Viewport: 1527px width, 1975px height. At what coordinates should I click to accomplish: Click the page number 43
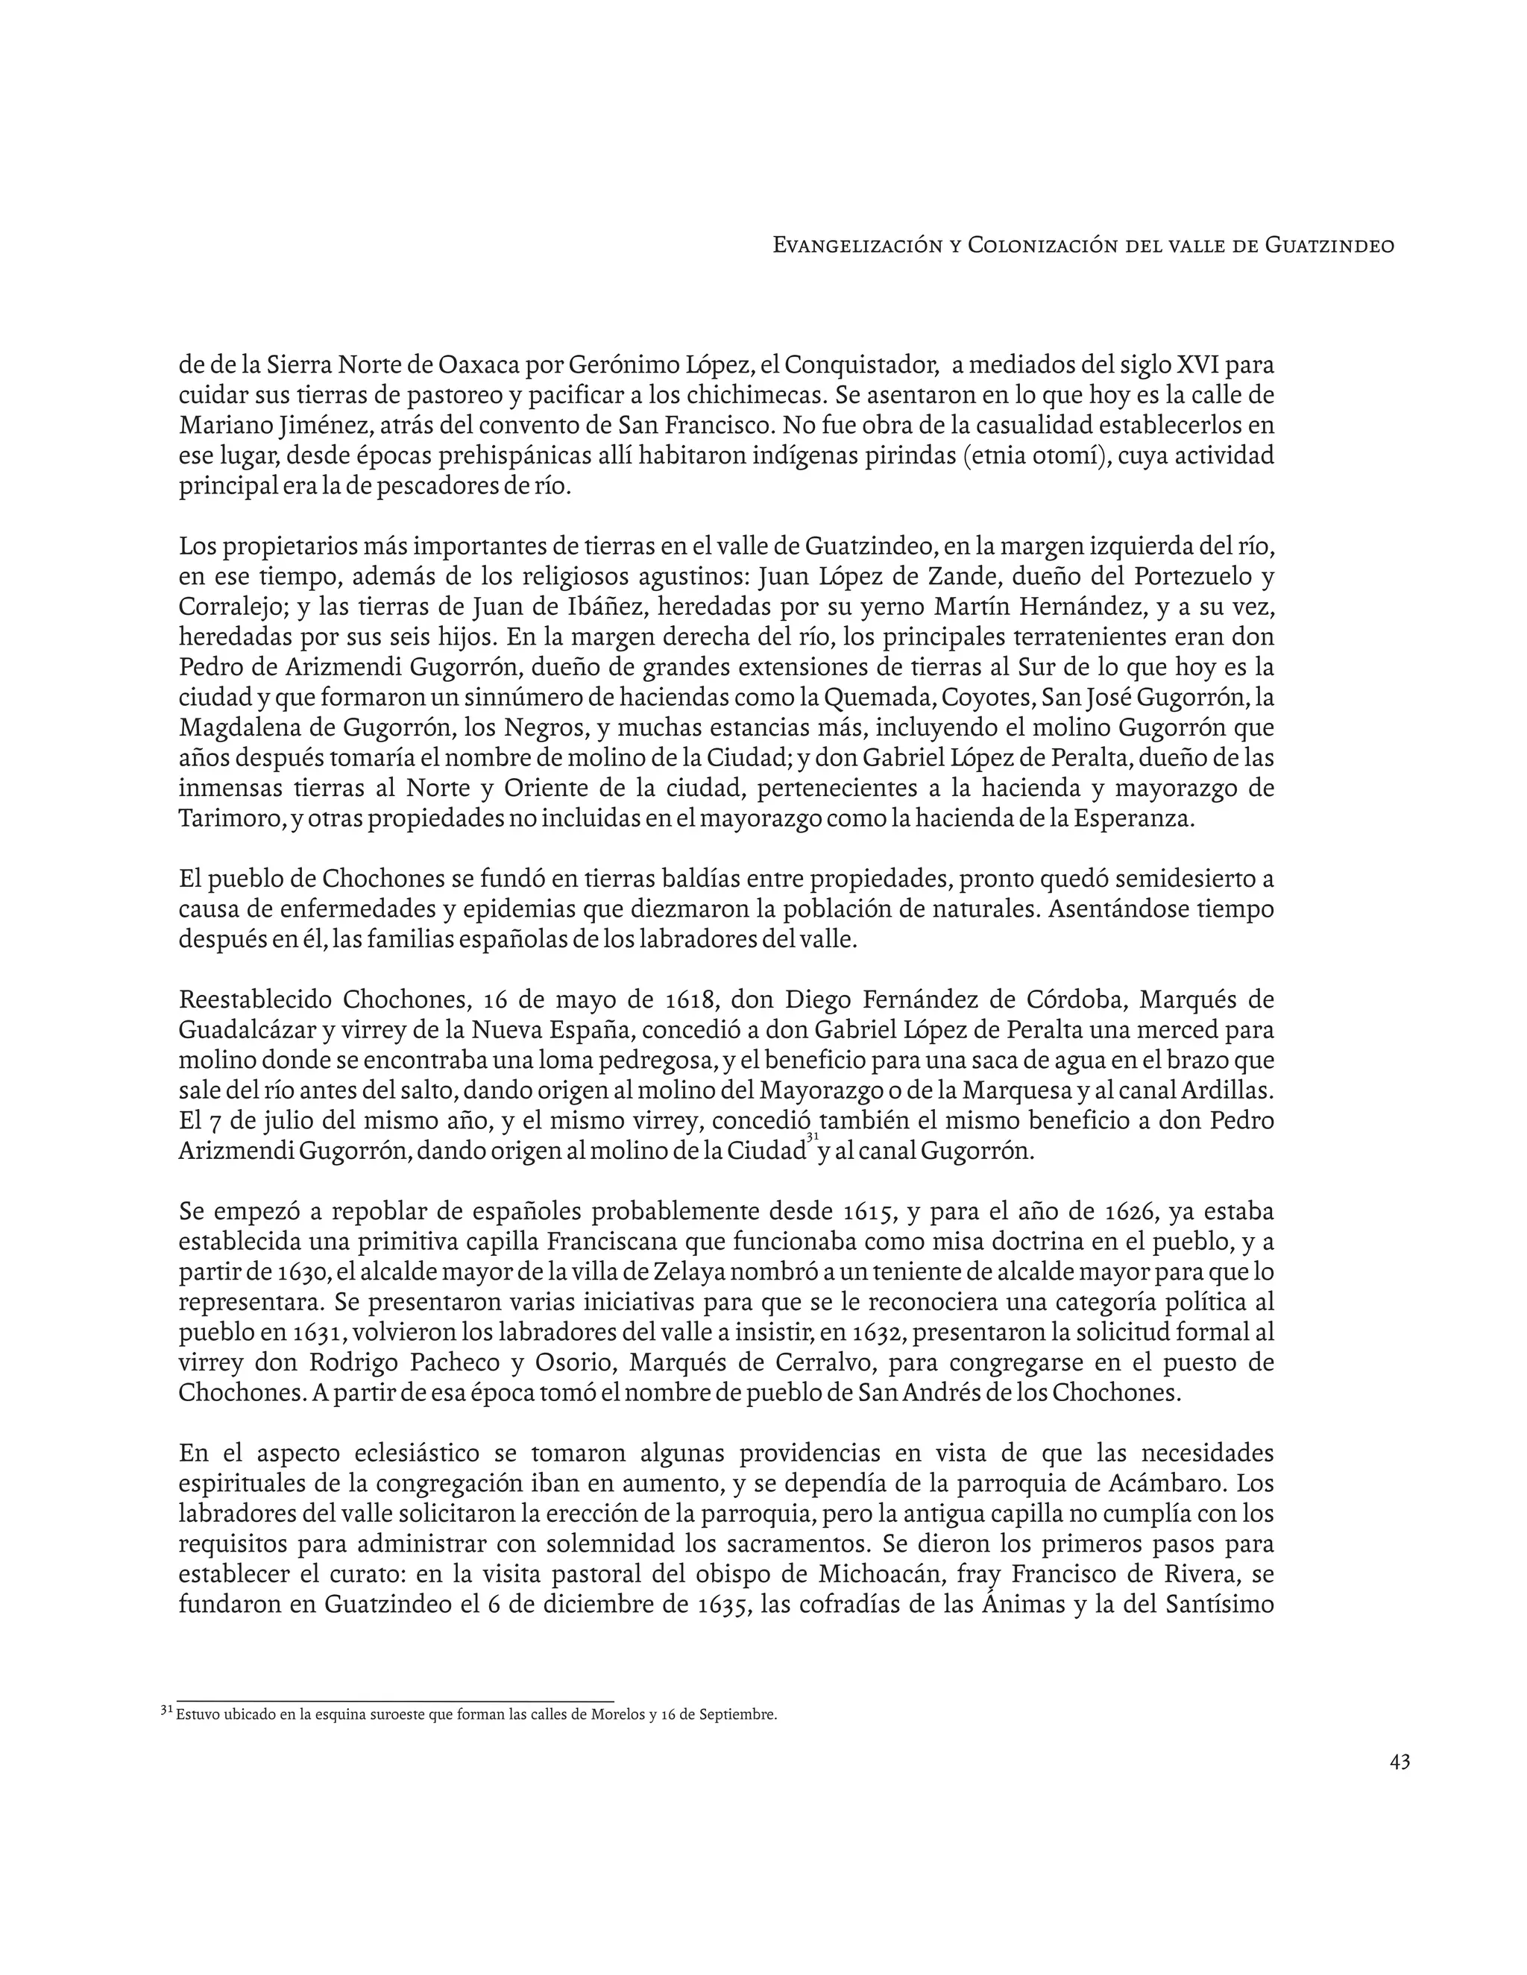coord(1400,1762)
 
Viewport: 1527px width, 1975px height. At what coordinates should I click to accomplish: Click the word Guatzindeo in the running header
coord(1329,245)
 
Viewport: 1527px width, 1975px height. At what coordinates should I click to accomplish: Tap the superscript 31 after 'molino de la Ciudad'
coord(813,1137)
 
